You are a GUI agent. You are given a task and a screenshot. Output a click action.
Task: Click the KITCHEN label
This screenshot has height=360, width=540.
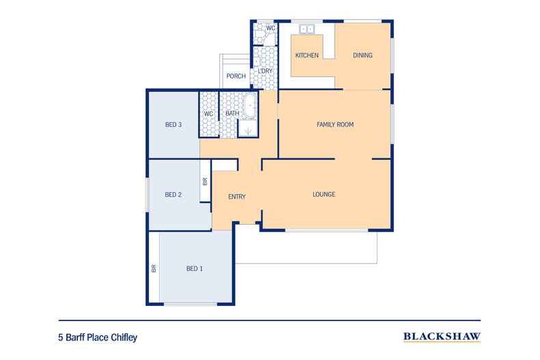pyautogui.click(x=307, y=55)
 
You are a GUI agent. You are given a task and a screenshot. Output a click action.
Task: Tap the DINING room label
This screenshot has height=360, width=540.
pyautogui.click(x=362, y=55)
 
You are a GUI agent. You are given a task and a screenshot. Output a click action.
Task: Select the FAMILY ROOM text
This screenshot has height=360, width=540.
pyautogui.click(x=334, y=124)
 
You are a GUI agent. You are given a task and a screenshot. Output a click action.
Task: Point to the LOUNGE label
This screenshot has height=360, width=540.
pyautogui.click(x=323, y=195)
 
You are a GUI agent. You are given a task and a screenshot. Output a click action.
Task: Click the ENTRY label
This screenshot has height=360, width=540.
pyautogui.click(x=237, y=197)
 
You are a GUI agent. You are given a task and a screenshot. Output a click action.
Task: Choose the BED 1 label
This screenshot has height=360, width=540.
pyautogui.click(x=194, y=268)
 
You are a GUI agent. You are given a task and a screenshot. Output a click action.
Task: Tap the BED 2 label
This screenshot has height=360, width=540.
pyautogui.click(x=173, y=195)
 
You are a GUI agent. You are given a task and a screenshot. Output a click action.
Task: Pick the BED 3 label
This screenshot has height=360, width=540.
pyautogui.click(x=173, y=124)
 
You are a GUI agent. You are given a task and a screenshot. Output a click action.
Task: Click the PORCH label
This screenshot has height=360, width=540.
pyautogui.click(x=236, y=76)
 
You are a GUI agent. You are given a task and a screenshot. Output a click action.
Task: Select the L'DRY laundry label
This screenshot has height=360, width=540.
pyautogui.click(x=264, y=71)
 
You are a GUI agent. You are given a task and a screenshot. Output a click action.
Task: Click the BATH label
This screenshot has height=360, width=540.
pyautogui.click(x=232, y=113)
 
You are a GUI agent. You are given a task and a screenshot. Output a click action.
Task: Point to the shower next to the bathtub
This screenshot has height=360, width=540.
pyautogui.click(x=247, y=128)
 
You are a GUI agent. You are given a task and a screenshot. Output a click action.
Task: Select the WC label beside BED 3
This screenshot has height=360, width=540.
pyautogui.click(x=208, y=113)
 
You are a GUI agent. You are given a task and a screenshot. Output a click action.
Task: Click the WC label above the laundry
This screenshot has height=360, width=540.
pyautogui.click(x=270, y=28)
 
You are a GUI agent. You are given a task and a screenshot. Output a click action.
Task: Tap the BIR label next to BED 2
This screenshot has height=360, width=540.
pyautogui.click(x=205, y=182)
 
